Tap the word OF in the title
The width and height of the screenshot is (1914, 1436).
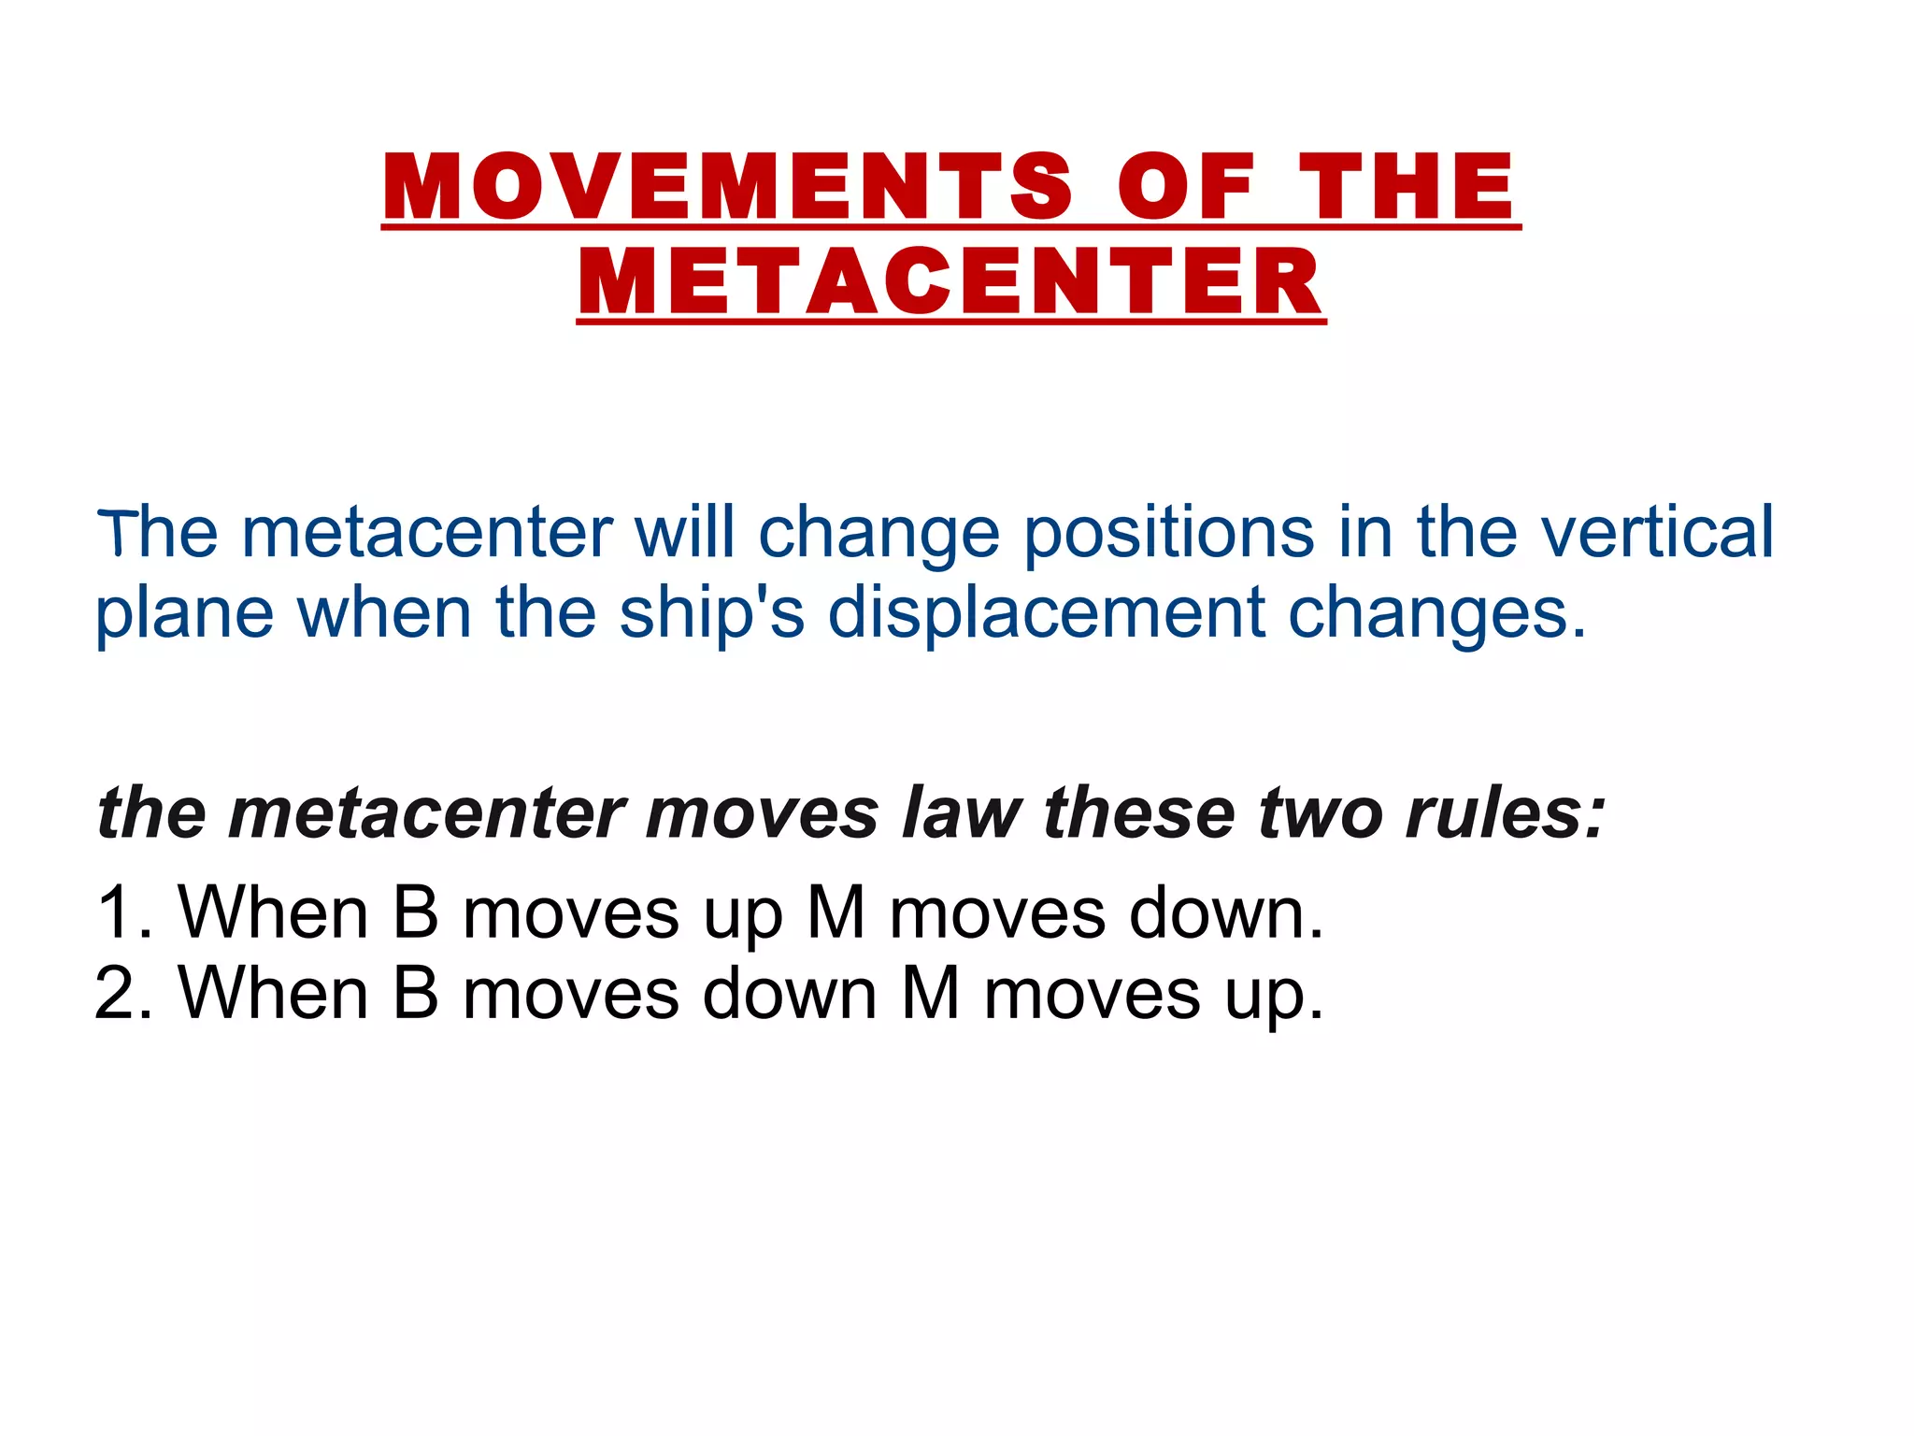coord(1185,187)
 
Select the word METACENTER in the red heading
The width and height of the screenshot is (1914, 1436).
coord(950,282)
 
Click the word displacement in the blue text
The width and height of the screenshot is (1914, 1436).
coord(1047,613)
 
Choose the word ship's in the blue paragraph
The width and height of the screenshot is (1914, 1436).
coord(711,613)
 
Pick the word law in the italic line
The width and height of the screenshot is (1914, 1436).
coord(962,811)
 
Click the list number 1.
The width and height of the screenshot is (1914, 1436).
coord(121,912)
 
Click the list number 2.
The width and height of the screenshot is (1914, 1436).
coord(121,992)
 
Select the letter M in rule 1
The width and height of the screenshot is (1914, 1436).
coord(836,912)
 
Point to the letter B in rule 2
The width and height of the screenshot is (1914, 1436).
coord(416,992)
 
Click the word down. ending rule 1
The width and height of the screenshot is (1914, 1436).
coord(1225,912)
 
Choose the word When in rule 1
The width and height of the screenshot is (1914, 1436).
coord(273,912)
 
